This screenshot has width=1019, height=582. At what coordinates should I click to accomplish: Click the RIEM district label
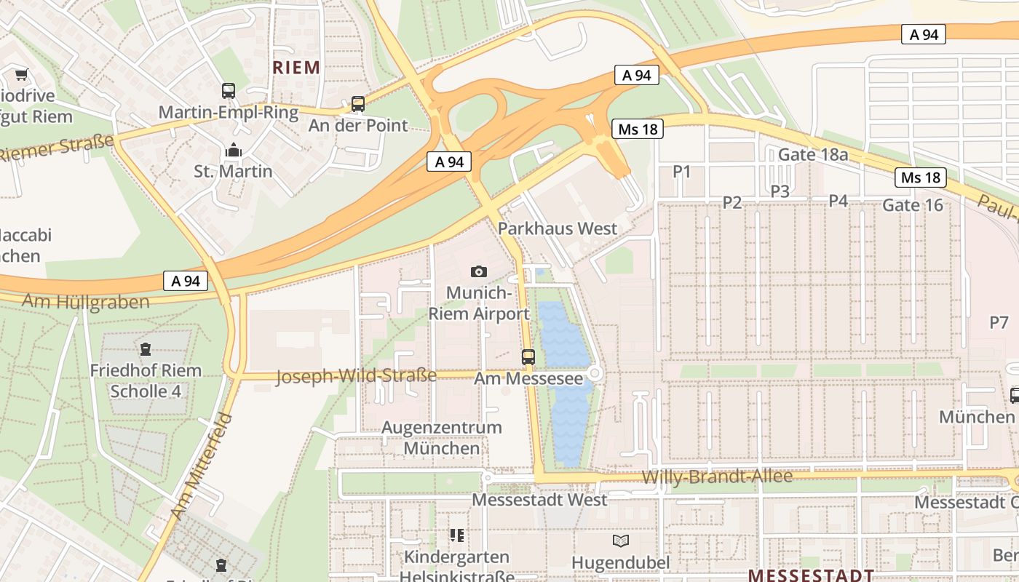(296, 68)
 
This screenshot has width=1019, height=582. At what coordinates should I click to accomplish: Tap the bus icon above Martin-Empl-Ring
(229, 91)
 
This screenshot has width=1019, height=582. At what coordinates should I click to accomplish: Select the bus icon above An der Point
(357, 103)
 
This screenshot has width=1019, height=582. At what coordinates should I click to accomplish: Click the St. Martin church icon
(234, 151)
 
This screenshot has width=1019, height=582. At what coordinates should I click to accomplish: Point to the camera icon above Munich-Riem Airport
(478, 271)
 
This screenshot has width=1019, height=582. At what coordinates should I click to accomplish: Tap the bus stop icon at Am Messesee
(528, 357)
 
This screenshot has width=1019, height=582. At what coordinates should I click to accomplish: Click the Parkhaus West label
(558, 228)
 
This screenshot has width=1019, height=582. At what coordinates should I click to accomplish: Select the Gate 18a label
(813, 154)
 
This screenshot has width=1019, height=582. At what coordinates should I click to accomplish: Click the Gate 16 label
(913, 205)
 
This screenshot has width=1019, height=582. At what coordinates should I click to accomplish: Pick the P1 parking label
(681, 172)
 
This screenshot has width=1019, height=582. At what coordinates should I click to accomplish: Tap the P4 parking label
(838, 201)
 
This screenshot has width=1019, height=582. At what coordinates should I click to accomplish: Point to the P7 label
(999, 322)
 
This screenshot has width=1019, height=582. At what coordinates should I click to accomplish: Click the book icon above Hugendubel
(621, 541)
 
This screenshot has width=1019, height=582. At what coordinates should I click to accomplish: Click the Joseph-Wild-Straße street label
(357, 376)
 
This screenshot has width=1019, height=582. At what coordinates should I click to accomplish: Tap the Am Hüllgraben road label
(86, 301)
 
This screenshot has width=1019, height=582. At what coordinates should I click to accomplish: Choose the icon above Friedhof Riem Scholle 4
(146, 348)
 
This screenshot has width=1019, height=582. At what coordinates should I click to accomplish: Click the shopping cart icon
(21, 74)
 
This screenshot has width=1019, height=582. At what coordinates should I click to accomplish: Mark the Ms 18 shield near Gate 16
(921, 178)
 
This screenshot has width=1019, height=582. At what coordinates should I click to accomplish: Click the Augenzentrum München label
(442, 437)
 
